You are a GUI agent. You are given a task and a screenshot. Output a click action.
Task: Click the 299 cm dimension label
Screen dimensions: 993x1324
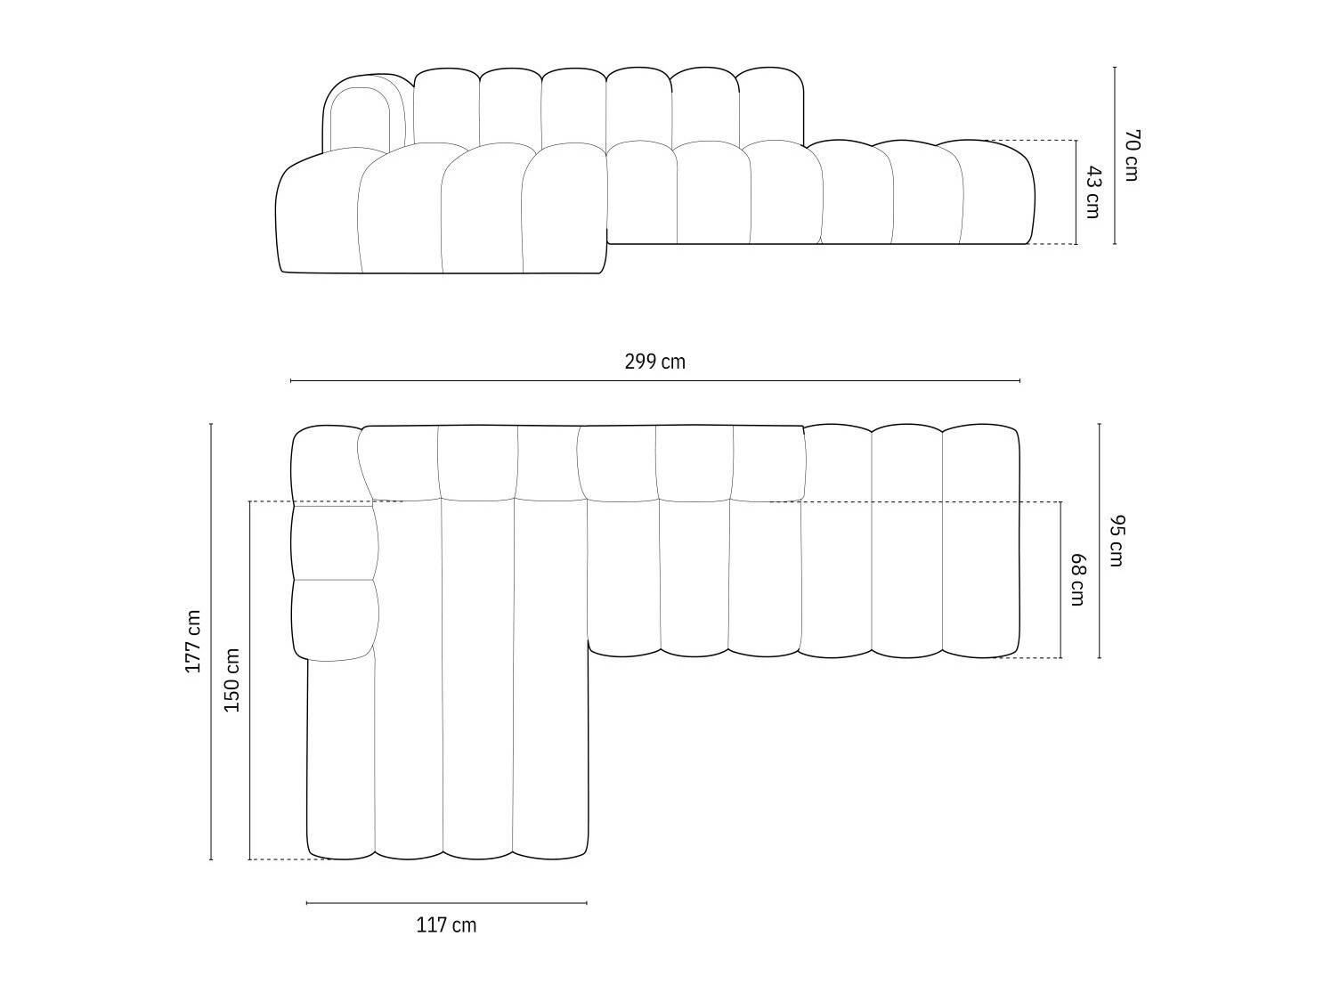(x=654, y=362)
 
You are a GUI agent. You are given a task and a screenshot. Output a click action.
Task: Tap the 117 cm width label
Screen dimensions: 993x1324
(x=446, y=925)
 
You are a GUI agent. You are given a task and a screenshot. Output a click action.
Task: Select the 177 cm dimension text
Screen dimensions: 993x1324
(x=193, y=641)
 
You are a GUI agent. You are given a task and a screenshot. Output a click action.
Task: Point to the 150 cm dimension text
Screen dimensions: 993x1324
(x=231, y=680)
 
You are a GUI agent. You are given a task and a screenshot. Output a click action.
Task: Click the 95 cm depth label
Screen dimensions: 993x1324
(x=1117, y=541)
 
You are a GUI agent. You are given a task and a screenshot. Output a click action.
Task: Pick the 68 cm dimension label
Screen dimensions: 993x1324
(x=1077, y=580)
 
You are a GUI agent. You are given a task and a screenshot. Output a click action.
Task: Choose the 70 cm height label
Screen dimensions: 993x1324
(x=1132, y=155)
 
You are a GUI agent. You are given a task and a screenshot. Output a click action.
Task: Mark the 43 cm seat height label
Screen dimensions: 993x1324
(x=1093, y=192)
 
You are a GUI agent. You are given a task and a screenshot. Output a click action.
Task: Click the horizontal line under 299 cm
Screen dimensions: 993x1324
(x=654, y=381)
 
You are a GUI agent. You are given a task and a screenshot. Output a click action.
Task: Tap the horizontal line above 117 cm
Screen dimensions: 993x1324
(x=446, y=903)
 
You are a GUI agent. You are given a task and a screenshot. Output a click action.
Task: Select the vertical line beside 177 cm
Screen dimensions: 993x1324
(x=211, y=641)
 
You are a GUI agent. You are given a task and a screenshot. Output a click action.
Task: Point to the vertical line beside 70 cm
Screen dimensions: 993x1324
(x=1115, y=155)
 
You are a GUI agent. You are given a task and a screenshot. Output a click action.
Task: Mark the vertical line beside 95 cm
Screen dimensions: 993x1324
(x=1100, y=541)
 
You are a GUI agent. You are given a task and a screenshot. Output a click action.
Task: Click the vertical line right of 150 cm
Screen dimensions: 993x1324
(x=250, y=680)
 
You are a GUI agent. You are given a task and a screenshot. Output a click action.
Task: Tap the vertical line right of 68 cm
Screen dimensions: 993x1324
(x=1061, y=580)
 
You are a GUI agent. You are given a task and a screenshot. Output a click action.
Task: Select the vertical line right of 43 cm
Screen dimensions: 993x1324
(x=1076, y=192)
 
